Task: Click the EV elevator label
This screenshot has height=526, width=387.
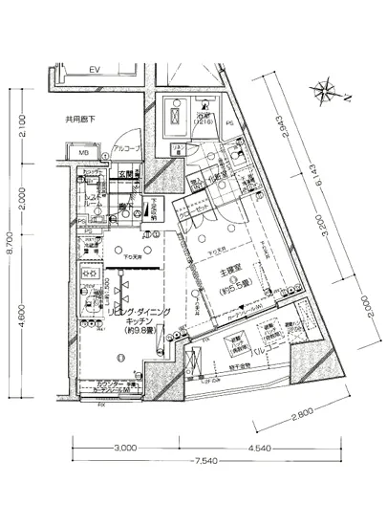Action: coord(96,71)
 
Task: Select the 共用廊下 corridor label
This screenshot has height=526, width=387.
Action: coord(84,121)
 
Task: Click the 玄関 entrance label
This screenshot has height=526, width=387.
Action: coord(128,174)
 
